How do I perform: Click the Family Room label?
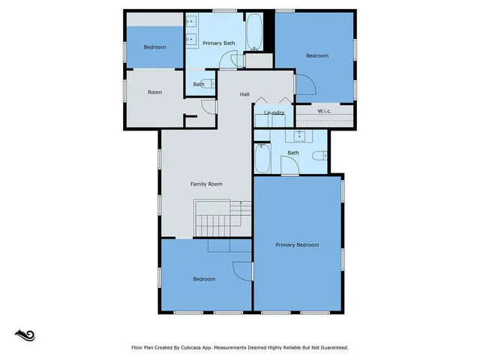tap(205, 184)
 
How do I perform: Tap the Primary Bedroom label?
tap(297, 245)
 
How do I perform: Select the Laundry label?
tap(274, 113)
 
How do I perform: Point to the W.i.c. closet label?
tap(325, 112)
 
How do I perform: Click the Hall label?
tap(244, 94)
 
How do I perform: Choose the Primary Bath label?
tap(219, 43)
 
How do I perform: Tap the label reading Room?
tap(154, 92)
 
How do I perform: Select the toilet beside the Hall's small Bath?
tap(213, 84)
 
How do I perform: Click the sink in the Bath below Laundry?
tap(300, 136)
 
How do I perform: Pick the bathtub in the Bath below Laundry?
tap(263, 158)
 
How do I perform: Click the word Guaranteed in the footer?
tap(332, 348)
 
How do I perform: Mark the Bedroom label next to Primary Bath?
tap(154, 47)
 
